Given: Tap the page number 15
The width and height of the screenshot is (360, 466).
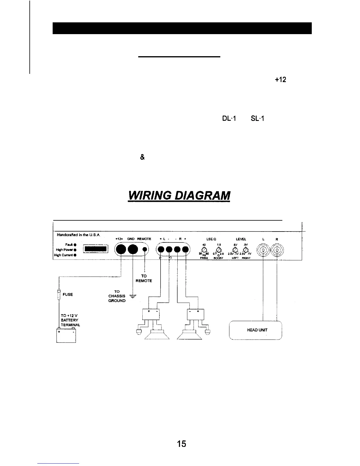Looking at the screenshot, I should click(x=182, y=444).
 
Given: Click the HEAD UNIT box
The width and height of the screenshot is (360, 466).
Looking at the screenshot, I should click(x=255, y=330).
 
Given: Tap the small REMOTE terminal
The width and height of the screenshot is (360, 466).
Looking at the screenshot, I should click(x=145, y=250).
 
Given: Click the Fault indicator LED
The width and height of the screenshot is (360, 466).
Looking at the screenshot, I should click(x=76, y=244).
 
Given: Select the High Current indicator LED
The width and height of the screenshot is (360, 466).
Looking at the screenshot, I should click(x=76, y=255).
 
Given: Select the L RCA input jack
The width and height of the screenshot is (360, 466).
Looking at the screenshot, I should click(x=263, y=251).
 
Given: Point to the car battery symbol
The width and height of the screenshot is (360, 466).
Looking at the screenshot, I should click(x=66, y=335).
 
